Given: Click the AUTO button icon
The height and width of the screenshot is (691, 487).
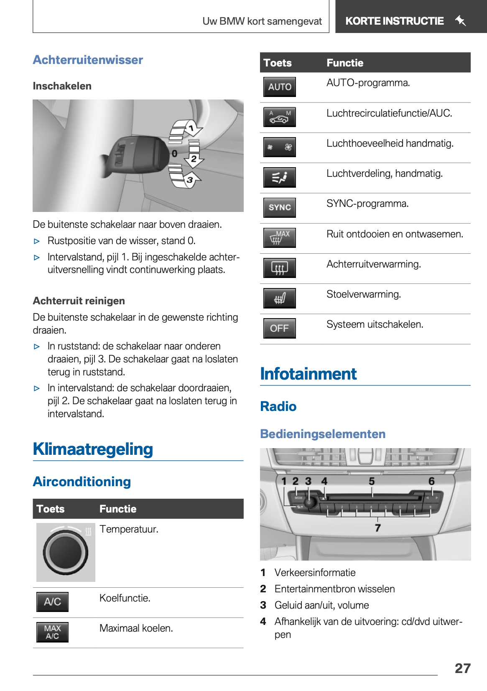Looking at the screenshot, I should (x=280, y=87).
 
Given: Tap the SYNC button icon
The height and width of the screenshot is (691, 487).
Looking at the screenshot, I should (x=280, y=207).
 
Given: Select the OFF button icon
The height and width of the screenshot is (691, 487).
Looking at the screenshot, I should (x=280, y=329).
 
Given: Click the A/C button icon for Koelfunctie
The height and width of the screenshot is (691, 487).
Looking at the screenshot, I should (x=52, y=602).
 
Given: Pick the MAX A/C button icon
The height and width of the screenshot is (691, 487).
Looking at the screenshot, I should (x=52, y=632).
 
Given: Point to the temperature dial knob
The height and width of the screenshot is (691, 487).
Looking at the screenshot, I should (x=66, y=552).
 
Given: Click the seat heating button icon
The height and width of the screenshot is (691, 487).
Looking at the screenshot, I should (x=280, y=298).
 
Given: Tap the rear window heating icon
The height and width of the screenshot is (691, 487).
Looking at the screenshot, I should (x=280, y=268).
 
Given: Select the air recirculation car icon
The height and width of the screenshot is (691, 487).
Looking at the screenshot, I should (x=280, y=117).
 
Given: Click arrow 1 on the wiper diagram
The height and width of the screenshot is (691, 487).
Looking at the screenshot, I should (x=190, y=128).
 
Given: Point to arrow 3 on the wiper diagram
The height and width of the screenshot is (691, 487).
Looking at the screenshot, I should (x=190, y=180).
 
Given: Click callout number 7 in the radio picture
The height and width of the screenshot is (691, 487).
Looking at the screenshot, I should (x=378, y=528).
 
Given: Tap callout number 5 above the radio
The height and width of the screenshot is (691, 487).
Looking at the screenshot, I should (x=372, y=482).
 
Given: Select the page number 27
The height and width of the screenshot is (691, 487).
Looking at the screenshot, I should (x=462, y=668).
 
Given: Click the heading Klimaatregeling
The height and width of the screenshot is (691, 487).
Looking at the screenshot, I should (x=93, y=449).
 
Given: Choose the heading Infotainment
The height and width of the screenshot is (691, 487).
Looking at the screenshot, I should (x=308, y=374).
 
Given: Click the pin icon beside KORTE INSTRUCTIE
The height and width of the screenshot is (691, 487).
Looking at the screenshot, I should (x=460, y=20).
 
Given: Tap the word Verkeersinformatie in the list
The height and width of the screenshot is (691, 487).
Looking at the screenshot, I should (x=315, y=573).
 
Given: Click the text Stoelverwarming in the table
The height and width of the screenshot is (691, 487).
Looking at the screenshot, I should (x=363, y=294).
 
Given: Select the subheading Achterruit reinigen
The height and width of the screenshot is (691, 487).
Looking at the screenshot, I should (x=79, y=301).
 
